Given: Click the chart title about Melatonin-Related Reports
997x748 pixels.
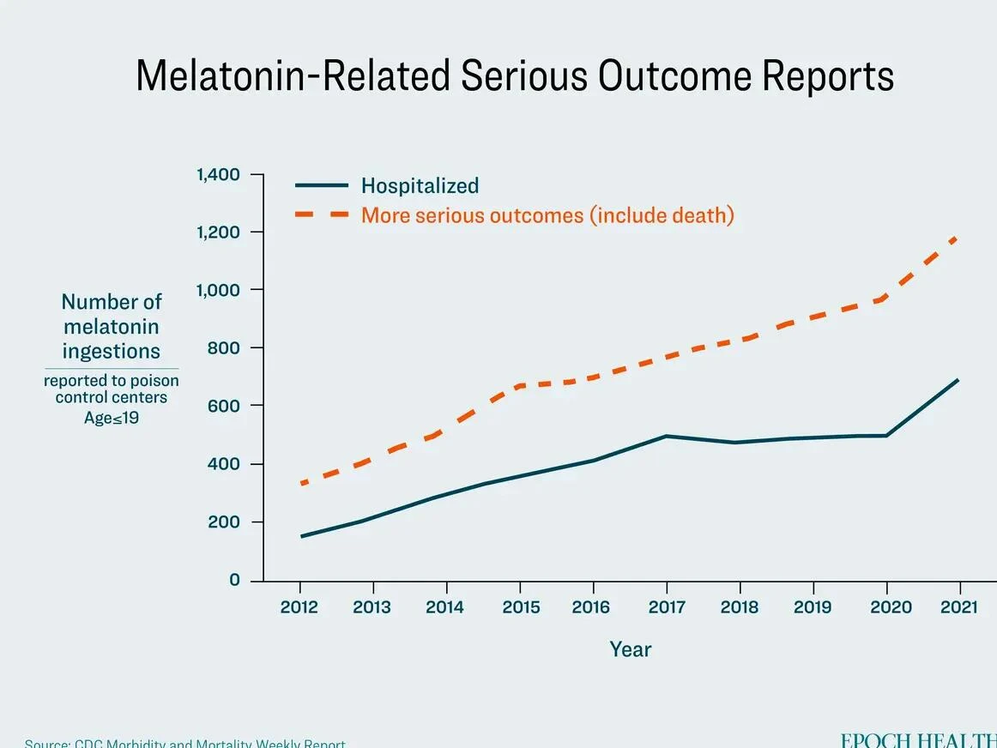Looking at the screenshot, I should pyautogui.click(x=514, y=75).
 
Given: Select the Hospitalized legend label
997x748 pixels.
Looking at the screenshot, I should pyautogui.click(x=420, y=185).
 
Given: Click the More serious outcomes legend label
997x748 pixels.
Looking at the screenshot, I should pyautogui.click(x=547, y=214).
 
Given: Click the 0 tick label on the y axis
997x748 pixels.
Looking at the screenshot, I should pyautogui.click(x=234, y=580).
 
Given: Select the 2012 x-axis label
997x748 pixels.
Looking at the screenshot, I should pyautogui.click(x=299, y=607).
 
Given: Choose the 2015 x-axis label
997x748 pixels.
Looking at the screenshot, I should pyautogui.click(x=521, y=607).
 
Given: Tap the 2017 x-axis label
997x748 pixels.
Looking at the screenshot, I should pyautogui.click(x=667, y=607).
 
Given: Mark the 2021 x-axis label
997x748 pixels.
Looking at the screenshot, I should pyautogui.click(x=958, y=607).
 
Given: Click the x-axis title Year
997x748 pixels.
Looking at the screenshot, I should pyautogui.click(x=630, y=649).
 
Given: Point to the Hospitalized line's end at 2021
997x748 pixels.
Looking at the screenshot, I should pyautogui.click(x=958, y=379).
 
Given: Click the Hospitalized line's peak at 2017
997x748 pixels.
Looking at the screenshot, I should pyautogui.click(x=667, y=436).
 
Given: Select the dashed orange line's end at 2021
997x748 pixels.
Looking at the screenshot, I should pyautogui.click(x=957, y=237).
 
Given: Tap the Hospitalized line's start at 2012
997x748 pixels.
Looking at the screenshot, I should pyautogui.click(x=301, y=536).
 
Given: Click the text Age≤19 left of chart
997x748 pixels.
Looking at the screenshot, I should pyautogui.click(x=111, y=418).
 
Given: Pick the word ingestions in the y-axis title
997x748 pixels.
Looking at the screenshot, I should pyautogui.click(x=111, y=351).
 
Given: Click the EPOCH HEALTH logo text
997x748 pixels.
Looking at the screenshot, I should pyautogui.click(x=918, y=739).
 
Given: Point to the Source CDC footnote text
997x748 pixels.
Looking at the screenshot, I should pyautogui.click(x=184, y=743).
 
